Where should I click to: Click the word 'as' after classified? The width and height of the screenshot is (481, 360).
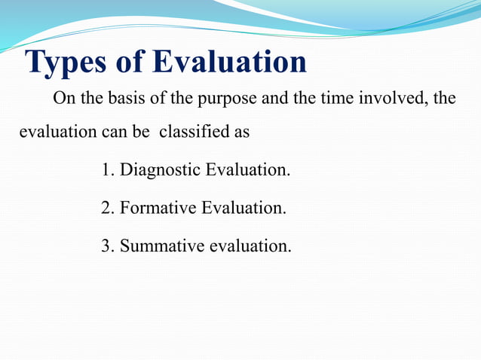point(241,133)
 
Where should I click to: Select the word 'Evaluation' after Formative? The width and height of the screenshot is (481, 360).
point(243,206)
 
